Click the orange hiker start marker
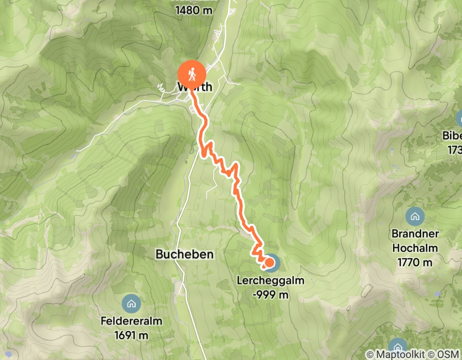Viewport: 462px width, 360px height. tap(192, 74)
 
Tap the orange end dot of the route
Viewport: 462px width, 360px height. tap(268, 264)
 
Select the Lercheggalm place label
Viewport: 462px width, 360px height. tap(271, 281)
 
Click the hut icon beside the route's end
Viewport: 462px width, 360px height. tap(273, 263)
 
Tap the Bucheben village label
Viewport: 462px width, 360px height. tap(184, 254)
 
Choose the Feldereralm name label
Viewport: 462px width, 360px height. tap(132, 321)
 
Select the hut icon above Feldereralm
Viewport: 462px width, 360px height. tap(132, 304)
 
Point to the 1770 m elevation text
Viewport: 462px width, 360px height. tap(415, 262)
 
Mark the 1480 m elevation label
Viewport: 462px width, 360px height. tap(193, 10)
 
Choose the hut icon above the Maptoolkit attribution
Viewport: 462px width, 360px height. tap(397, 344)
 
